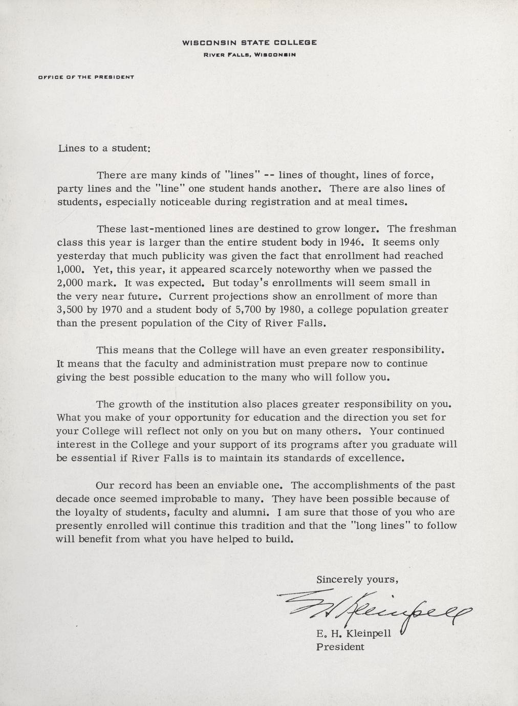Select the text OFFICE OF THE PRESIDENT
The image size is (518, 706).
(86, 77)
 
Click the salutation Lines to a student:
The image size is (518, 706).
(103, 149)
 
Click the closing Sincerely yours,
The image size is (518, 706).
(357, 580)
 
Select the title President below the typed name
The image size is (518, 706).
(340, 647)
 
